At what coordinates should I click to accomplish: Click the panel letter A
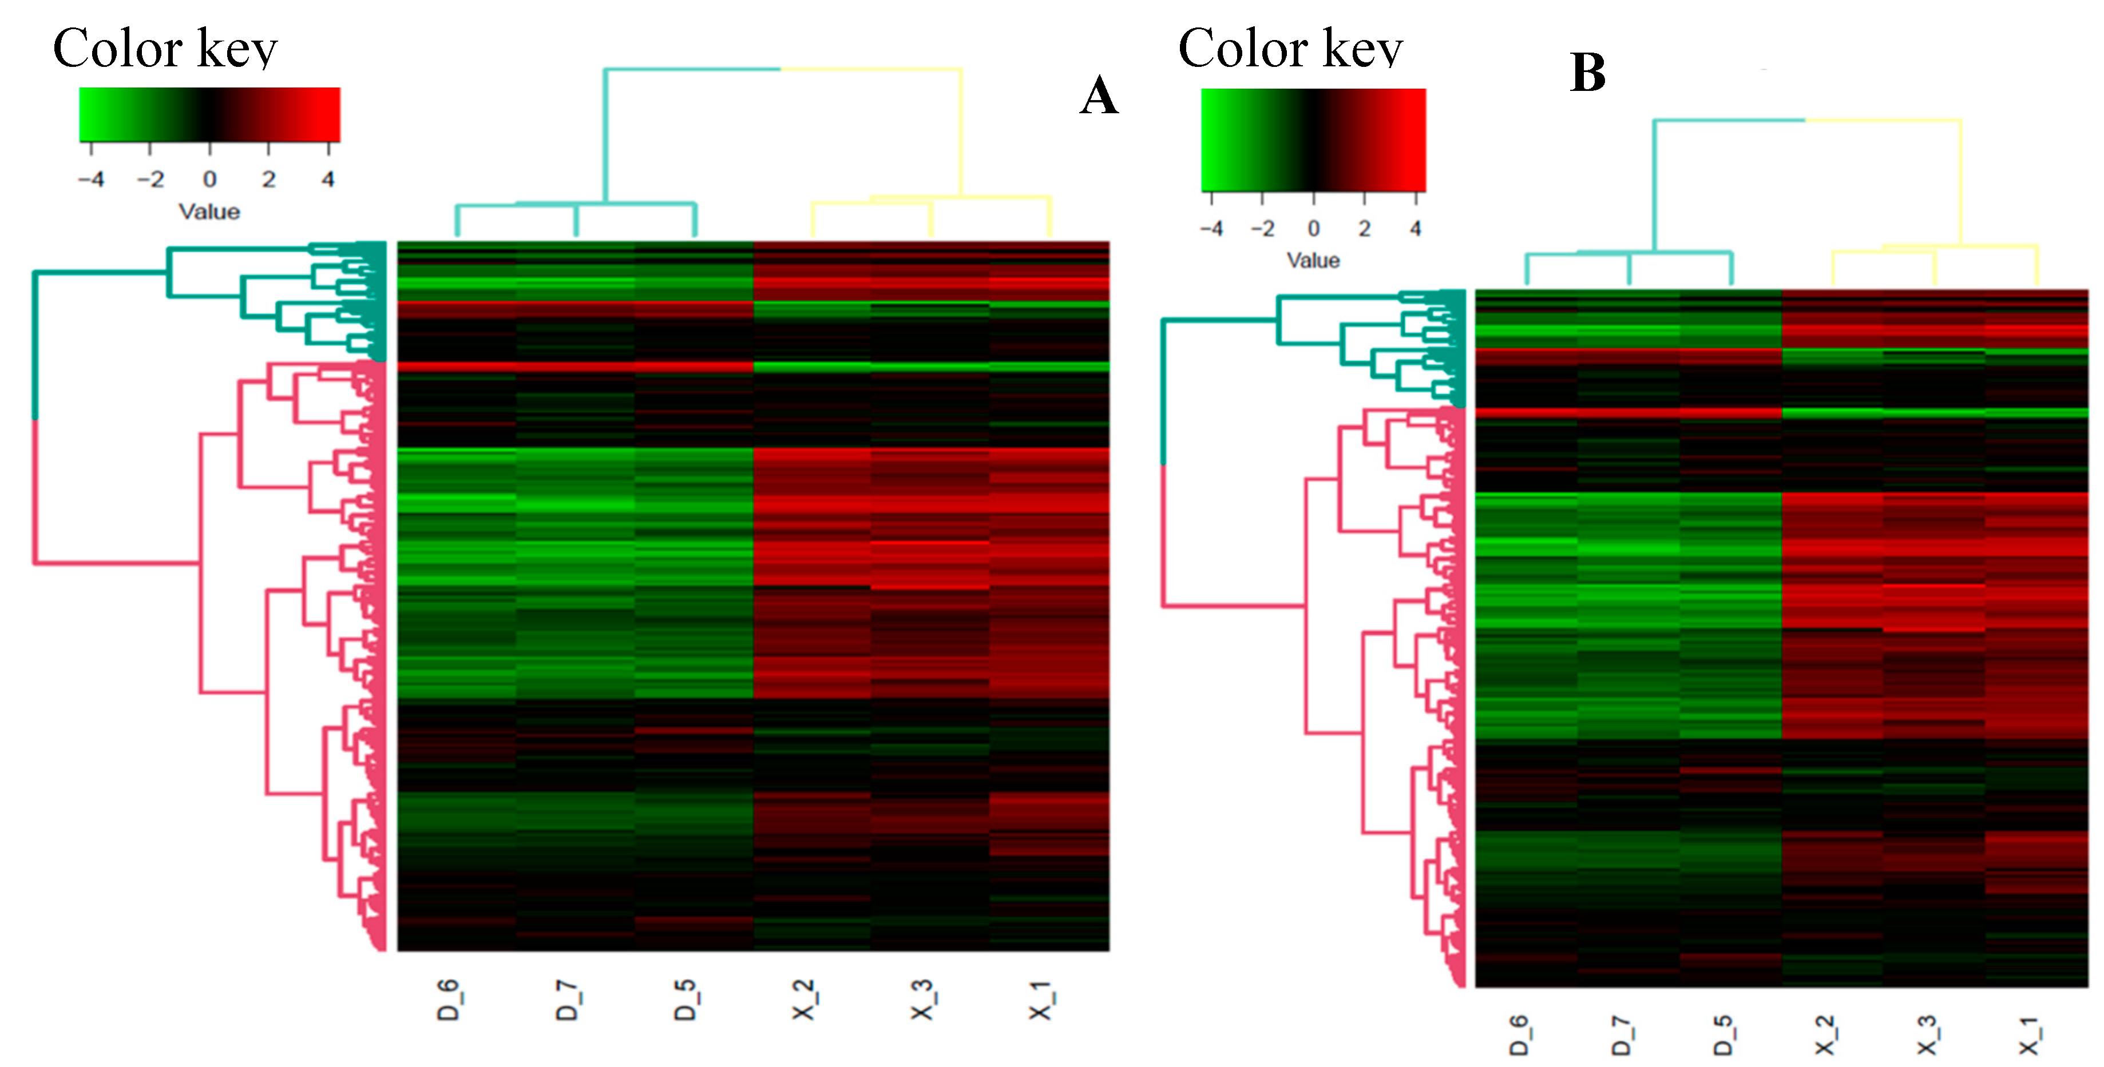[x=1099, y=96]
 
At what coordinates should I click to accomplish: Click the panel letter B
[x=1587, y=73]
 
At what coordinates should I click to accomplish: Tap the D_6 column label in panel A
[x=449, y=1000]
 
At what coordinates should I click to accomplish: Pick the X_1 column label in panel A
[x=1040, y=1000]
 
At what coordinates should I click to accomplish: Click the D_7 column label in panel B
[x=1621, y=1035]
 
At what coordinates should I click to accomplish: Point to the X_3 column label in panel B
[x=1927, y=1035]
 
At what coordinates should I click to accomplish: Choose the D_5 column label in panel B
[x=1722, y=1035]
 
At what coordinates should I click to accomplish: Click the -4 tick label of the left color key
[x=92, y=179]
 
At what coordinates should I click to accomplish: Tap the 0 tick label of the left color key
[x=210, y=179]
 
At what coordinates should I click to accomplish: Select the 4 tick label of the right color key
[x=1416, y=229]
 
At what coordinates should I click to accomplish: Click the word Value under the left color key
[x=209, y=212]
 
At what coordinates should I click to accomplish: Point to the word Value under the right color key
[x=1313, y=260]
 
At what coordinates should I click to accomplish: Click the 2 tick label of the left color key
[x=269, y=179]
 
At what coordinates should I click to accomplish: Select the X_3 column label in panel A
[x=921, y=1000]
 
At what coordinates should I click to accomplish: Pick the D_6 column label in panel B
[x=1519, y=1035]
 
